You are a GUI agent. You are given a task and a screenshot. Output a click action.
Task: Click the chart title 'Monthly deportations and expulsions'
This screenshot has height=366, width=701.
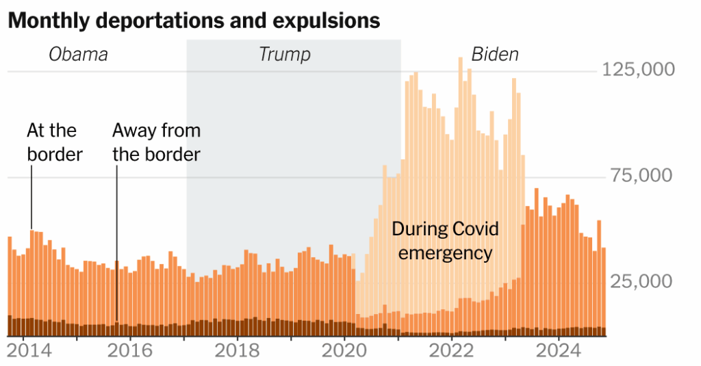[x=194, y=21]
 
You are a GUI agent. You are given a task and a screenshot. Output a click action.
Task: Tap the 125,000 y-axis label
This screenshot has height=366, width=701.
[x=637, y=70]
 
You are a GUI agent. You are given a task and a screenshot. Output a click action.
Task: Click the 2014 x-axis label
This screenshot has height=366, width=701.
[x=23, y=351]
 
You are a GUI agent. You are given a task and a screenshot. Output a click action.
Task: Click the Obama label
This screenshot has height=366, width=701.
[x=78, y=55]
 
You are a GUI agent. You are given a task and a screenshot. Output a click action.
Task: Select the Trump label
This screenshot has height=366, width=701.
[x=285, y=55]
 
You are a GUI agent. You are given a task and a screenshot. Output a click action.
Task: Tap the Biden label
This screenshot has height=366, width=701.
[x=495, y=55]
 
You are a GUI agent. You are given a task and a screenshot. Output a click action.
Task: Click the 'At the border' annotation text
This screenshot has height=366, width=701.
[x=54, y=142]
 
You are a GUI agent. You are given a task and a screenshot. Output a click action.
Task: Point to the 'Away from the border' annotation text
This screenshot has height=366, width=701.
[x=156, y=142]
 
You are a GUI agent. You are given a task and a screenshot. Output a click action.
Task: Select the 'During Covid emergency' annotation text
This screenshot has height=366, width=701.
[x=445, y=241]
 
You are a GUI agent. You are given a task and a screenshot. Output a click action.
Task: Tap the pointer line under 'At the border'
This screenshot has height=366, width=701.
[x=31, y=198]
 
